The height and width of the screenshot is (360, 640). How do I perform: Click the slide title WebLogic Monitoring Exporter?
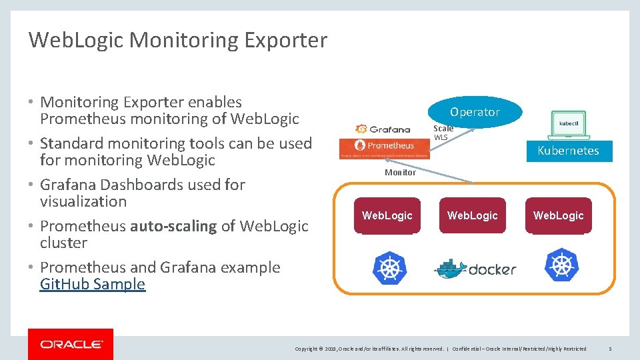point(177,41)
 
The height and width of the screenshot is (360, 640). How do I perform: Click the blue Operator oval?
point(475,112)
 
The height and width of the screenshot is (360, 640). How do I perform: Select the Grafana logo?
point(383,129)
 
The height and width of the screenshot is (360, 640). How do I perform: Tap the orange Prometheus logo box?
point(384,146)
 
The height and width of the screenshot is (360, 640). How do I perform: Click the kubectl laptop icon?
point(568,124)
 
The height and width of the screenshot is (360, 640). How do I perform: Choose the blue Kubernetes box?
point(568,151)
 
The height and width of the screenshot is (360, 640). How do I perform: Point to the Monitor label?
point(400,173)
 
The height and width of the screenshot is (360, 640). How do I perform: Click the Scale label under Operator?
point(443,129)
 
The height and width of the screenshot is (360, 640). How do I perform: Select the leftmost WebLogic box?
point(387,215)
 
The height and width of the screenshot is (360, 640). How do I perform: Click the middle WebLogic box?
point(473,215)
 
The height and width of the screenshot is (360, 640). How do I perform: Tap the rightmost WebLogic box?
point(558,215)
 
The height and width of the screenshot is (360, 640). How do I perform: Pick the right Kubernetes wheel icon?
point(561,265)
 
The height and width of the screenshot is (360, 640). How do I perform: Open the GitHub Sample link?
point(93,285)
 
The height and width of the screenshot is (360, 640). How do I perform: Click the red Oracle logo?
point(71,344)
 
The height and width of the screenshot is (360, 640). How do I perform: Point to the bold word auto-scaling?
point(173,226)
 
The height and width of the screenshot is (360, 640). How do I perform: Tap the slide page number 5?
point(610,349)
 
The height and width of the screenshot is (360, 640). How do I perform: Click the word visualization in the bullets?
point(83,201)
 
